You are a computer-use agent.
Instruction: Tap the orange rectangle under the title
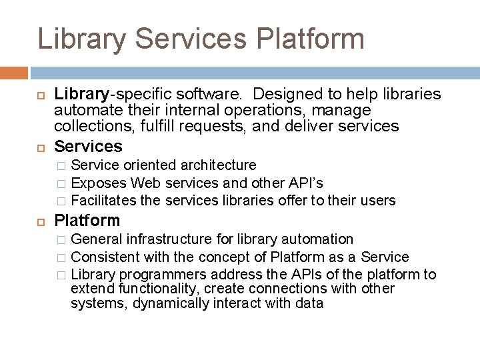(14, 73)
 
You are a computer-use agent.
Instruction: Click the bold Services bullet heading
(88, 146)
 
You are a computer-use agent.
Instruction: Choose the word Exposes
(99, 183)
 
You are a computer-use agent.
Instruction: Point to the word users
(379, 201)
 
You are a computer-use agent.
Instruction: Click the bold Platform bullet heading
(87, 220)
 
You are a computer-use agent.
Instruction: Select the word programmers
(160, 275)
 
